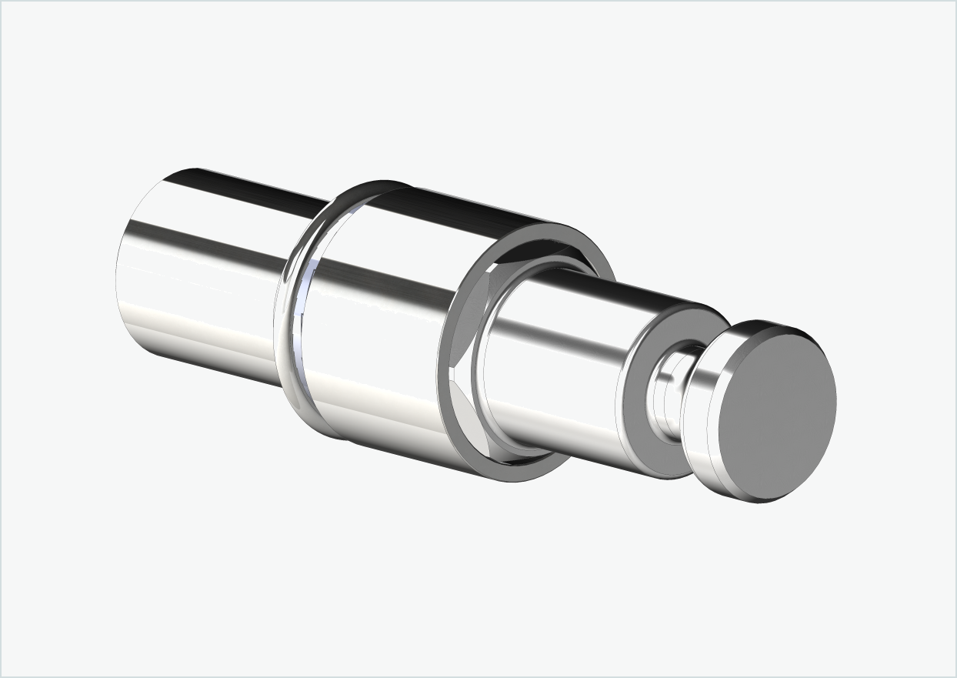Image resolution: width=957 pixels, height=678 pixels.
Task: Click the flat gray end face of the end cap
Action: tap(777, 416)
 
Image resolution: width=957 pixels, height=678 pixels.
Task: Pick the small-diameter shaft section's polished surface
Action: tap(554, 362)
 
